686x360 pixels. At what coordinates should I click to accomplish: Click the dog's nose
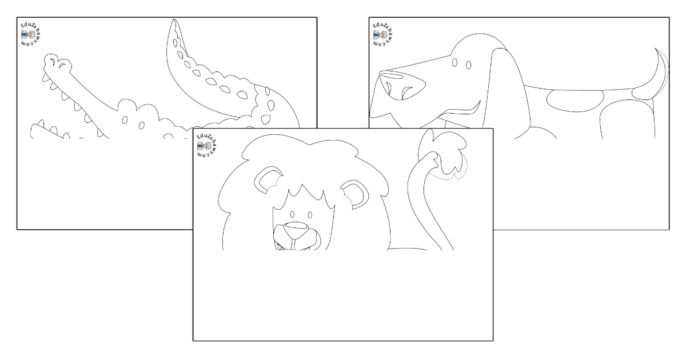coord(402,85)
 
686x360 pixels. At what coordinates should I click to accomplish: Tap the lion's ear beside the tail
coord(354,194)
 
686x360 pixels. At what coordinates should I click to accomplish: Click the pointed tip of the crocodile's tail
coord(174,20)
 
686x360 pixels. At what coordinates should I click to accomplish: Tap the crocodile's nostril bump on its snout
coord(57,63)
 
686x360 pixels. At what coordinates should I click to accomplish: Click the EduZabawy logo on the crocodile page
coord(31,35)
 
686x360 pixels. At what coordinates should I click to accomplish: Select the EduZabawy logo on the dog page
coord(384,35)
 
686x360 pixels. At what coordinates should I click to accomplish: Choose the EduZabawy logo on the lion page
coord(207,145)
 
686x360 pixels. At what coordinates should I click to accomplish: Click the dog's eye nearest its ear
coord(469,65)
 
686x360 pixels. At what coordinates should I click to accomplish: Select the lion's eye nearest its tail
coord(310,215)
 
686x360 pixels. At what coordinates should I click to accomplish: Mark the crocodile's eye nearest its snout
coord(125,120)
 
